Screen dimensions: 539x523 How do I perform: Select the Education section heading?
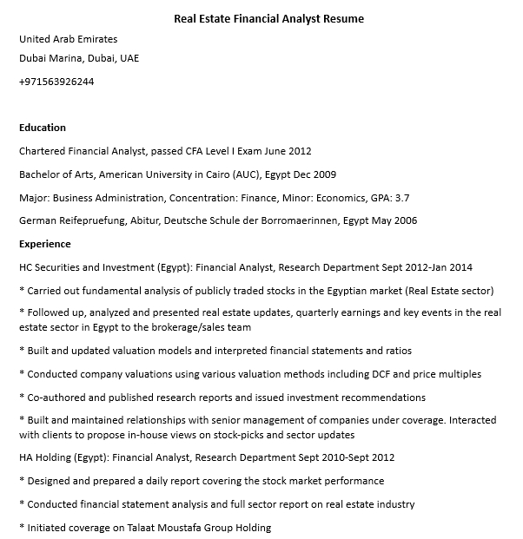(43, 128)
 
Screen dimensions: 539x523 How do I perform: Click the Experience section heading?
(45, 244)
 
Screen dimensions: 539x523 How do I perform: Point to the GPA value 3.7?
(401, 197)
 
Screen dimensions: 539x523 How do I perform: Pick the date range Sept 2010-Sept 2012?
(348, 457)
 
